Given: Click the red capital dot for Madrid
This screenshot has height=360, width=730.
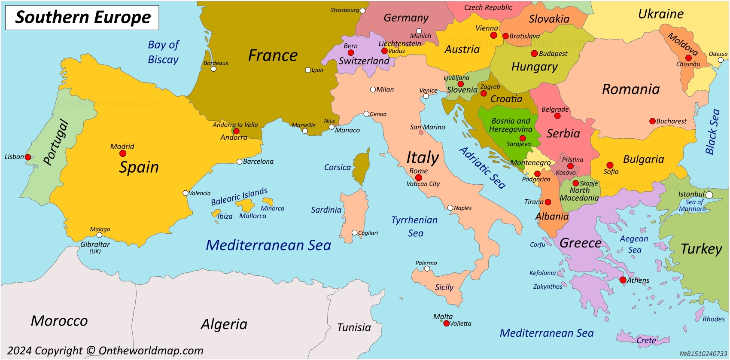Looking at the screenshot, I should tap(123, 153).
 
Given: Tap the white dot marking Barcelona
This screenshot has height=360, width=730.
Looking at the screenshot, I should tap(240, 162).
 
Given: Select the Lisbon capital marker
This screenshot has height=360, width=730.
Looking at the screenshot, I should tap(28, 157).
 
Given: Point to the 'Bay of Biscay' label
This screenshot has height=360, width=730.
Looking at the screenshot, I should tap(163, 52).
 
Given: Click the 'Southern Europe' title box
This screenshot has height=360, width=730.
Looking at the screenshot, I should tap(82, 18).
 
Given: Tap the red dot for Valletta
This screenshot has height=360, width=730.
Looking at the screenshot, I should tap(446, 323).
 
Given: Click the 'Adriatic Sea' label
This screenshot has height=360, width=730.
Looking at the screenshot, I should tap(482, 168).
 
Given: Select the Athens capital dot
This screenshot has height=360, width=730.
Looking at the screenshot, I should tap(623, 280).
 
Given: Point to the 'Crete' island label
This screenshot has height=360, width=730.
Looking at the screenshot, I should tap(646, 341).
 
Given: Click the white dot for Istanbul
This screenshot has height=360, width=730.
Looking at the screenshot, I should tap(709, 195).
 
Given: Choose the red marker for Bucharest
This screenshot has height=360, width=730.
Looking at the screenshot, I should tap(652, 121).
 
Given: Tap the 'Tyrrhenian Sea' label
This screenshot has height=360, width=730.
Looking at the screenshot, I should tap(415, 226).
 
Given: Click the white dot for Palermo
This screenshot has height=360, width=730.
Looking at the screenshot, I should tap(427, 269).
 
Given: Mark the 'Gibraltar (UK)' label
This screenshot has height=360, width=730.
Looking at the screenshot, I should tap(95, 247).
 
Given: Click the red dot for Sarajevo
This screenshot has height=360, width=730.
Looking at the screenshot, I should tap(523, 138).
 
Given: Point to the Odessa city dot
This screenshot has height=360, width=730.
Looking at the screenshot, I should tap(721, 60).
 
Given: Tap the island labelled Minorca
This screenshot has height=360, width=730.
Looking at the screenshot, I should tap(268, 201).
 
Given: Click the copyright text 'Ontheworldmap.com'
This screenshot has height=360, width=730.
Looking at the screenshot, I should tap(151, 351).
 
